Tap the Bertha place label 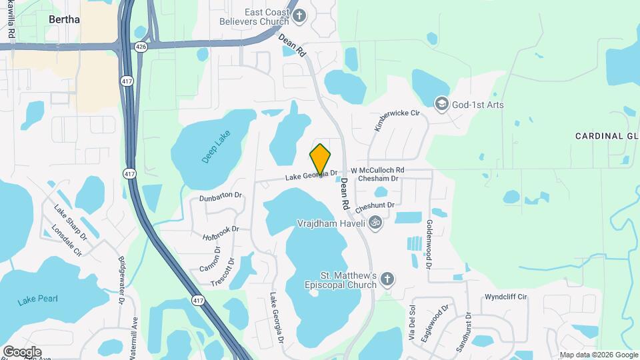pos(65,20)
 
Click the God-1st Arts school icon pos(441,104)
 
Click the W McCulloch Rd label pos(377,171)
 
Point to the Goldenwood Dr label pos(429,244)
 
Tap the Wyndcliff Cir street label pos(506,296)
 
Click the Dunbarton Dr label pos(220,197)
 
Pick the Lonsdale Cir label pos(67,242)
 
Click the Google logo pos(22,351)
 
